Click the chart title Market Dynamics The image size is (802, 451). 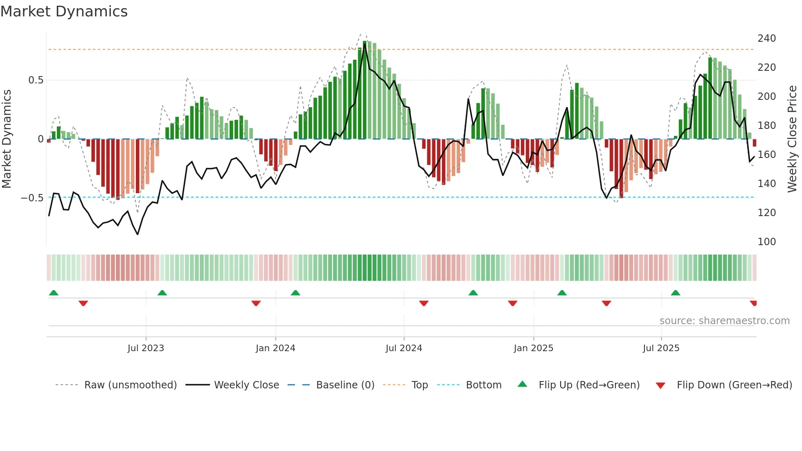tap(64, 11)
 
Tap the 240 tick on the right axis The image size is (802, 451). tap(766, 38)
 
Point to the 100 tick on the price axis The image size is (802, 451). tap(766, 242)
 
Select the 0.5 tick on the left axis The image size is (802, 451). tap(36, 80)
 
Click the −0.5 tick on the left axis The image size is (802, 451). tap(32, 198)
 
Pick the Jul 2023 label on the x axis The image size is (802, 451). tap(146, 348)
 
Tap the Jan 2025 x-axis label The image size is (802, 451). tap(533, 348)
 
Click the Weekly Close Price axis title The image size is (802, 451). tap(792, 139)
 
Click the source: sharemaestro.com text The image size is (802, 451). tap(724, 321)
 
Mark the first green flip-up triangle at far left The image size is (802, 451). tap(54, 293)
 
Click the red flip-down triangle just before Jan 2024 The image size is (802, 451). tap(256, 303)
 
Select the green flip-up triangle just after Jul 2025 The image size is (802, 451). tap(676, 293)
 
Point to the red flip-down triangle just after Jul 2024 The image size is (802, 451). tap(424, 303)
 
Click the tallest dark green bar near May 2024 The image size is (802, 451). tap(365, 90)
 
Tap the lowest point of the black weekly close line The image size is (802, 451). tap(137, 234)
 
